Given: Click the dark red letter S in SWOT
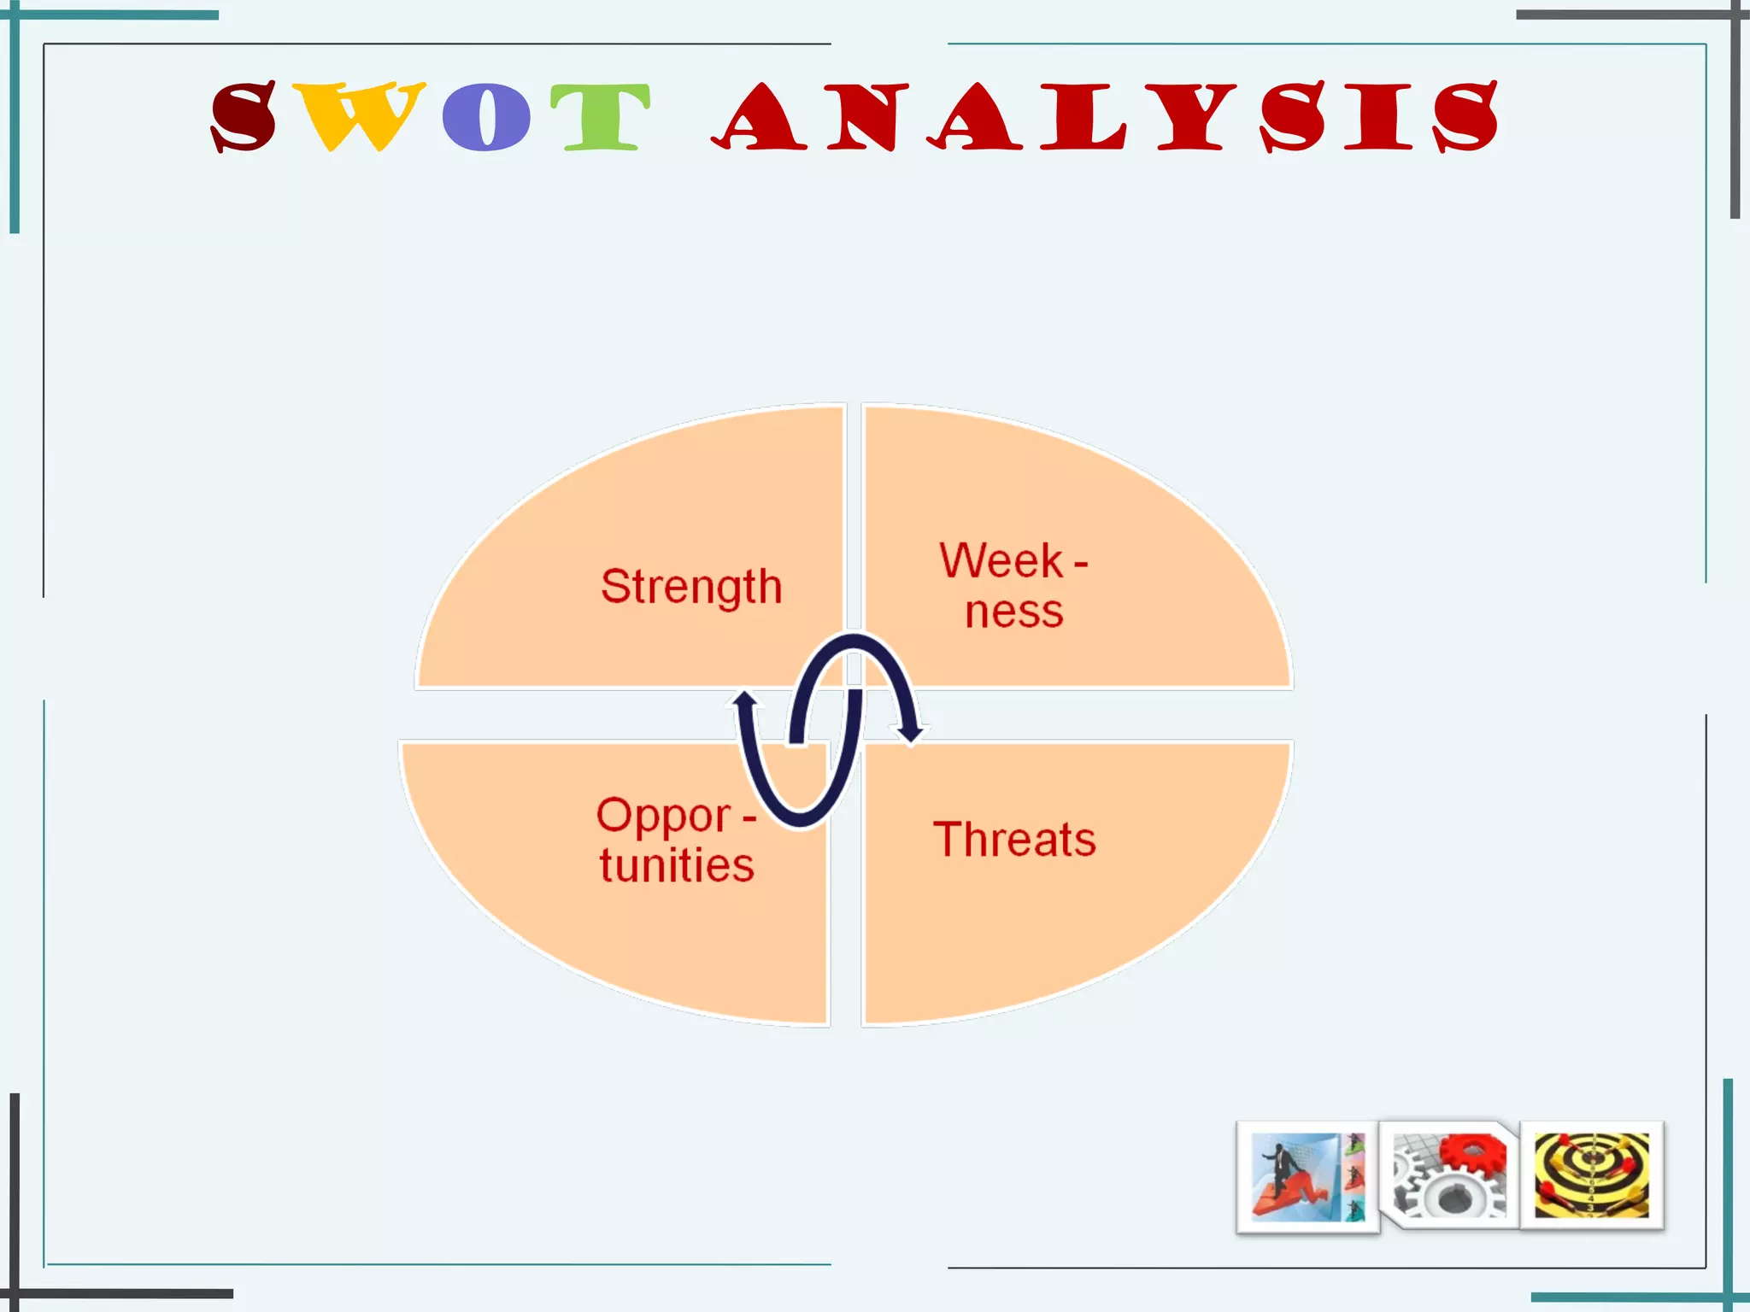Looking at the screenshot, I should pyautogui.click(x=244, y=117).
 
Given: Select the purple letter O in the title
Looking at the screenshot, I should pyautogui.click(x=486, y=117).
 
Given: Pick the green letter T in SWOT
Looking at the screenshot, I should pyautogui.click(x=600, y=117).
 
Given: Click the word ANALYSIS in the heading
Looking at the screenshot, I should pyautogui.click(x=1104, y=117).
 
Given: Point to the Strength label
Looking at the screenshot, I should pyautogui.click(x=691, y=587).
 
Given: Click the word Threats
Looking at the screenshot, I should pyautogui.click(x=1014, y=839).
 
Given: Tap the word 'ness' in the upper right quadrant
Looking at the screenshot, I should pyautogui.click(x=1014, y=612).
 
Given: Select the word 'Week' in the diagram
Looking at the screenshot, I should pyautogui.click(x=1001, y=561).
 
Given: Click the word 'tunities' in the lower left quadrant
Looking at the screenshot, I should pyautogui.click(x=677, y=865).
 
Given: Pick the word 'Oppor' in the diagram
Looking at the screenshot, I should pyautogui.click(x=664, y=815).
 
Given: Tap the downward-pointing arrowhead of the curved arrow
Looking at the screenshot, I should pyautogui.click(x=909, y=733).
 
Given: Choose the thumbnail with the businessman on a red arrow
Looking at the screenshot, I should pyautogui.click(x=1307, y=1177).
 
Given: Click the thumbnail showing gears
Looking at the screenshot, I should pyautogui.click(x=1449, y=1175).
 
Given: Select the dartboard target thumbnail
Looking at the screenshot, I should pyautogui.click(x=1592, y=1175).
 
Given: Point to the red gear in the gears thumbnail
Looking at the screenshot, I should pyautogui.click(x=1471, y=1154).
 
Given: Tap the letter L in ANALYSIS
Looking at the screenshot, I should pyautogui.click(x=1082, y=117).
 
